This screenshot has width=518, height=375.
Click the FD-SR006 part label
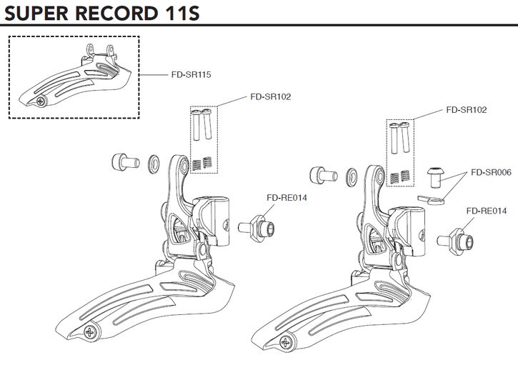point(489,172)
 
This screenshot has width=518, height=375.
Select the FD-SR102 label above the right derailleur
point(466,111)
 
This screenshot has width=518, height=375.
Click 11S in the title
point(176,14)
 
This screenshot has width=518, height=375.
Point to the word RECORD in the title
point(115,14)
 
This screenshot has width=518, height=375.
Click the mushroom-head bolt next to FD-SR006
point(433,176)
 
